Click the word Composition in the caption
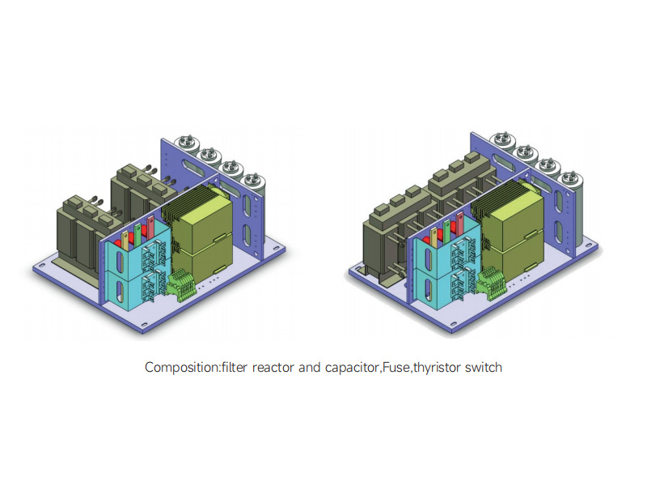180,368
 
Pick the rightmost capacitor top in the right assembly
569,176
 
